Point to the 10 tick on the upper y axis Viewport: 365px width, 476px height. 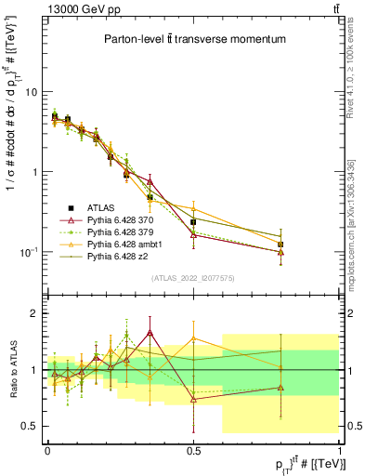pos(31,92)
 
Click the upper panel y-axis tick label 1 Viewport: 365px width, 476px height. pos(34,172)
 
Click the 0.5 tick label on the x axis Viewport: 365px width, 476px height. pos(193,451)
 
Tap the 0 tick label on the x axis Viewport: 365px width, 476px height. pos(47,451)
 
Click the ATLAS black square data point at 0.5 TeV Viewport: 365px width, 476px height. pos(193,222)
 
